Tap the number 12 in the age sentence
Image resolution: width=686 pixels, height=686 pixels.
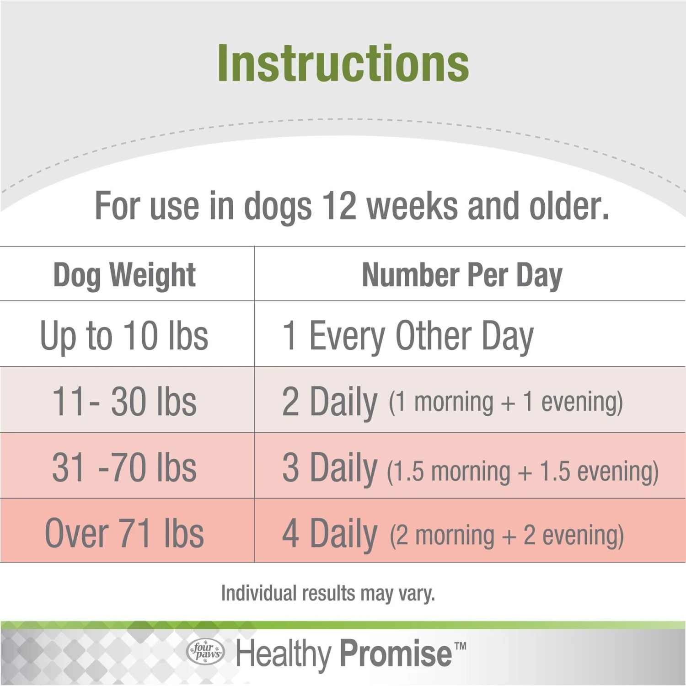(x=339, y=206)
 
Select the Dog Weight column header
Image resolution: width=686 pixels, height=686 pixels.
(x=124, y=276)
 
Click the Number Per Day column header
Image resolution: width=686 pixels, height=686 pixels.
(x=462, y=276)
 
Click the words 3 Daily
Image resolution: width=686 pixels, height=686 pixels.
(x=330, y=468)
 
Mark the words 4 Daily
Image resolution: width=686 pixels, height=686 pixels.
(x=330, y=534)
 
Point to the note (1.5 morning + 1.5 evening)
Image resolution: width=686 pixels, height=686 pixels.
(x=523, y=472)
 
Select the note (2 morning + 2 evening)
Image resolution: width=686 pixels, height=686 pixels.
(x=507, y=536)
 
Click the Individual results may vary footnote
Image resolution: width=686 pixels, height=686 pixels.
(x=328, y=594)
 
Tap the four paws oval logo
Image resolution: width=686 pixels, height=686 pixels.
(x=206, y=651)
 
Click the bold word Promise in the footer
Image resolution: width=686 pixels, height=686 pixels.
(x=396, y=653)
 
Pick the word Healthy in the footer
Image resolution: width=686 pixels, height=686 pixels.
(x=283, y=654)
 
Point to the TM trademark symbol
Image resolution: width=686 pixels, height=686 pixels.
(x=461, y=646)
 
